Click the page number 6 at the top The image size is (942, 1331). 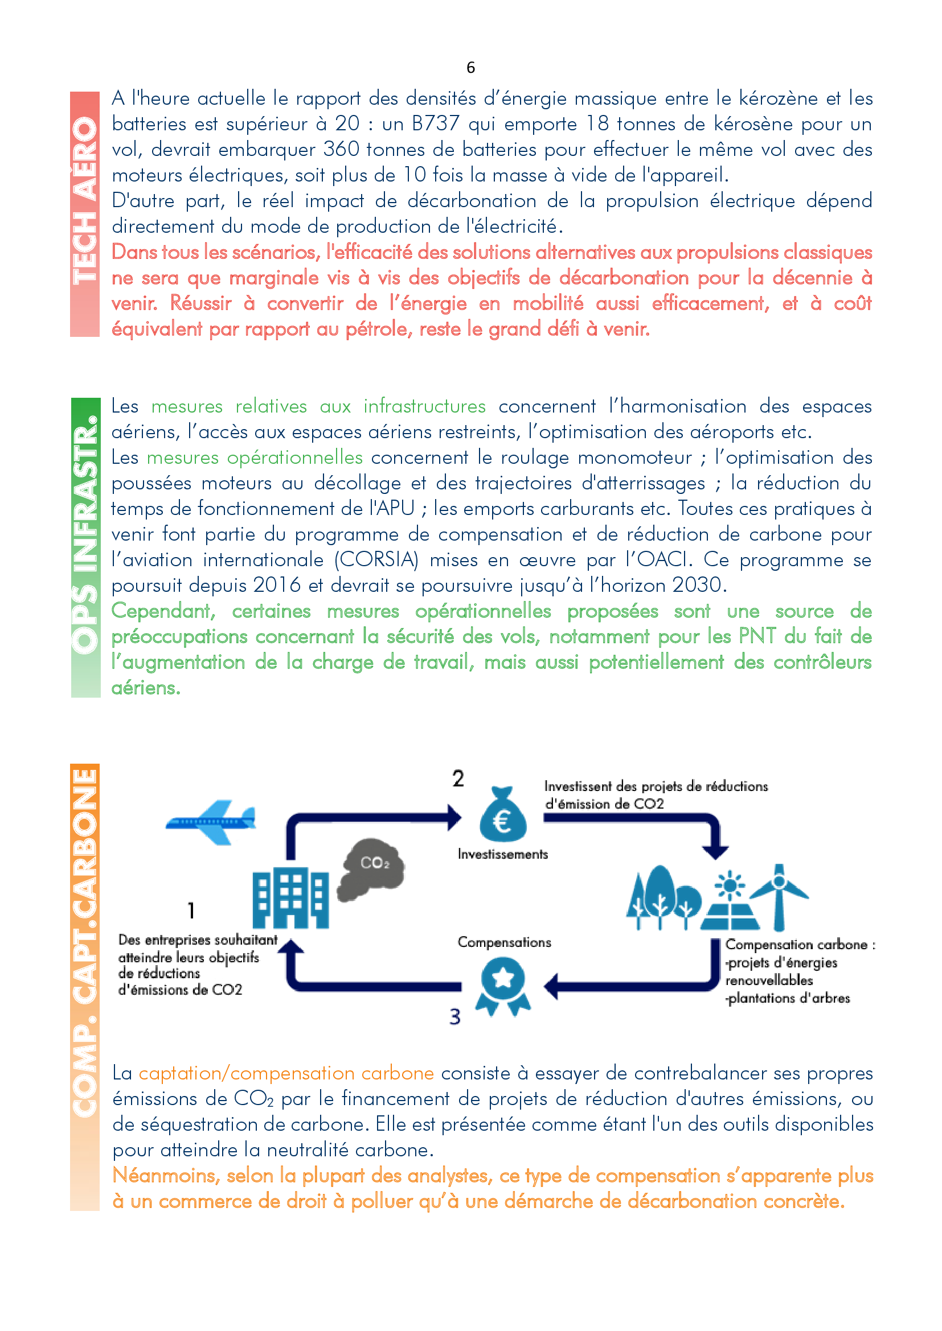tap(470, 68)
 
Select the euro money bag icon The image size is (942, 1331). tap(503, 815)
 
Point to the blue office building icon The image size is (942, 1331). tap(290, 899)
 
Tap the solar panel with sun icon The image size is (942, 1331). tap(730, 901)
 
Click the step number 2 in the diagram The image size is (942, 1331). tap(458, 778)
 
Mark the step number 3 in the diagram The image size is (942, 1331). tap(456, 1017)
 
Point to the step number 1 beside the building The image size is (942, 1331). tap(191, 910)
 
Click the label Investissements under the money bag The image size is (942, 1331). tap(502, 854)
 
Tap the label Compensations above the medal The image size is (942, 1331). tap(504, 942)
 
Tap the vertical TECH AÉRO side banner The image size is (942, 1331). tap(85, 214)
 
